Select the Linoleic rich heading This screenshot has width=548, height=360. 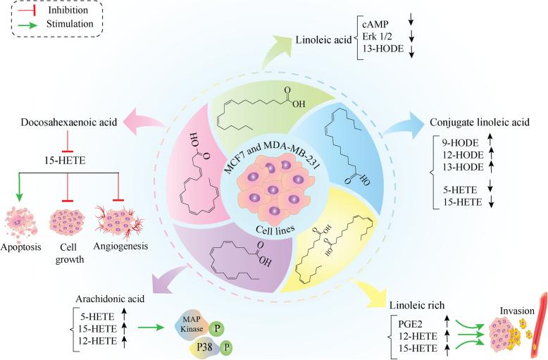click(x=416, y=305)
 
